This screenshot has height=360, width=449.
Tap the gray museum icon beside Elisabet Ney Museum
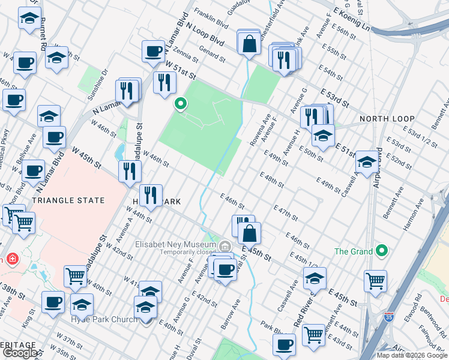click(224, 246)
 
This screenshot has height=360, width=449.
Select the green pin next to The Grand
click(382, 251)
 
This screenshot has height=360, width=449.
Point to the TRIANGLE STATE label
click(68, 200)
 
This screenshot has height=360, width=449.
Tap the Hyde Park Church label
click(104, 319)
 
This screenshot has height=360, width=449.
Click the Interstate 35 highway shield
click(390, 315)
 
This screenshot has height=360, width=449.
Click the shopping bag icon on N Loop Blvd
click(249, 43)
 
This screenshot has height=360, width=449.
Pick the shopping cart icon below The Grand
click(375, 280)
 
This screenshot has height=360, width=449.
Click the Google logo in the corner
click(20, 353)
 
